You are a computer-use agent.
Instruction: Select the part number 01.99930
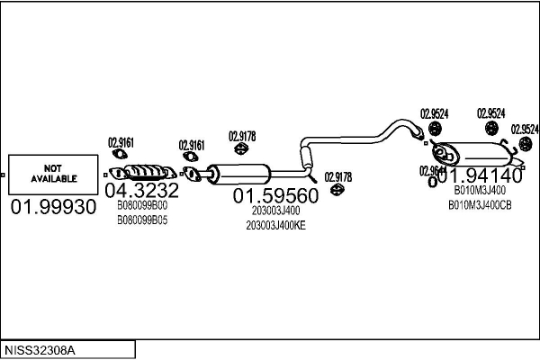pos(53,207)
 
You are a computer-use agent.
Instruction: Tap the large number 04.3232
pos(141,192)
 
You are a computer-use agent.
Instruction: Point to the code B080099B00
pos(142,206)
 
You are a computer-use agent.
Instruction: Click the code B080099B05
pos(142,219)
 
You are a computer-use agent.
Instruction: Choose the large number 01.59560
pos(276,195)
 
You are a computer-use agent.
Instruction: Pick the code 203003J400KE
pos(276,225)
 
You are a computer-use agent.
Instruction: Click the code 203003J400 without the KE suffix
pos(276,211)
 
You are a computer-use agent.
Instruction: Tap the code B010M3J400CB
pos(480,204)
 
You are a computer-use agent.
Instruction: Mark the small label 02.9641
pos(433,171)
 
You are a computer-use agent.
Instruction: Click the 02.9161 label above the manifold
pos(121,141)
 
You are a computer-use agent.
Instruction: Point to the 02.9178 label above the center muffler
pos(242,136)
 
